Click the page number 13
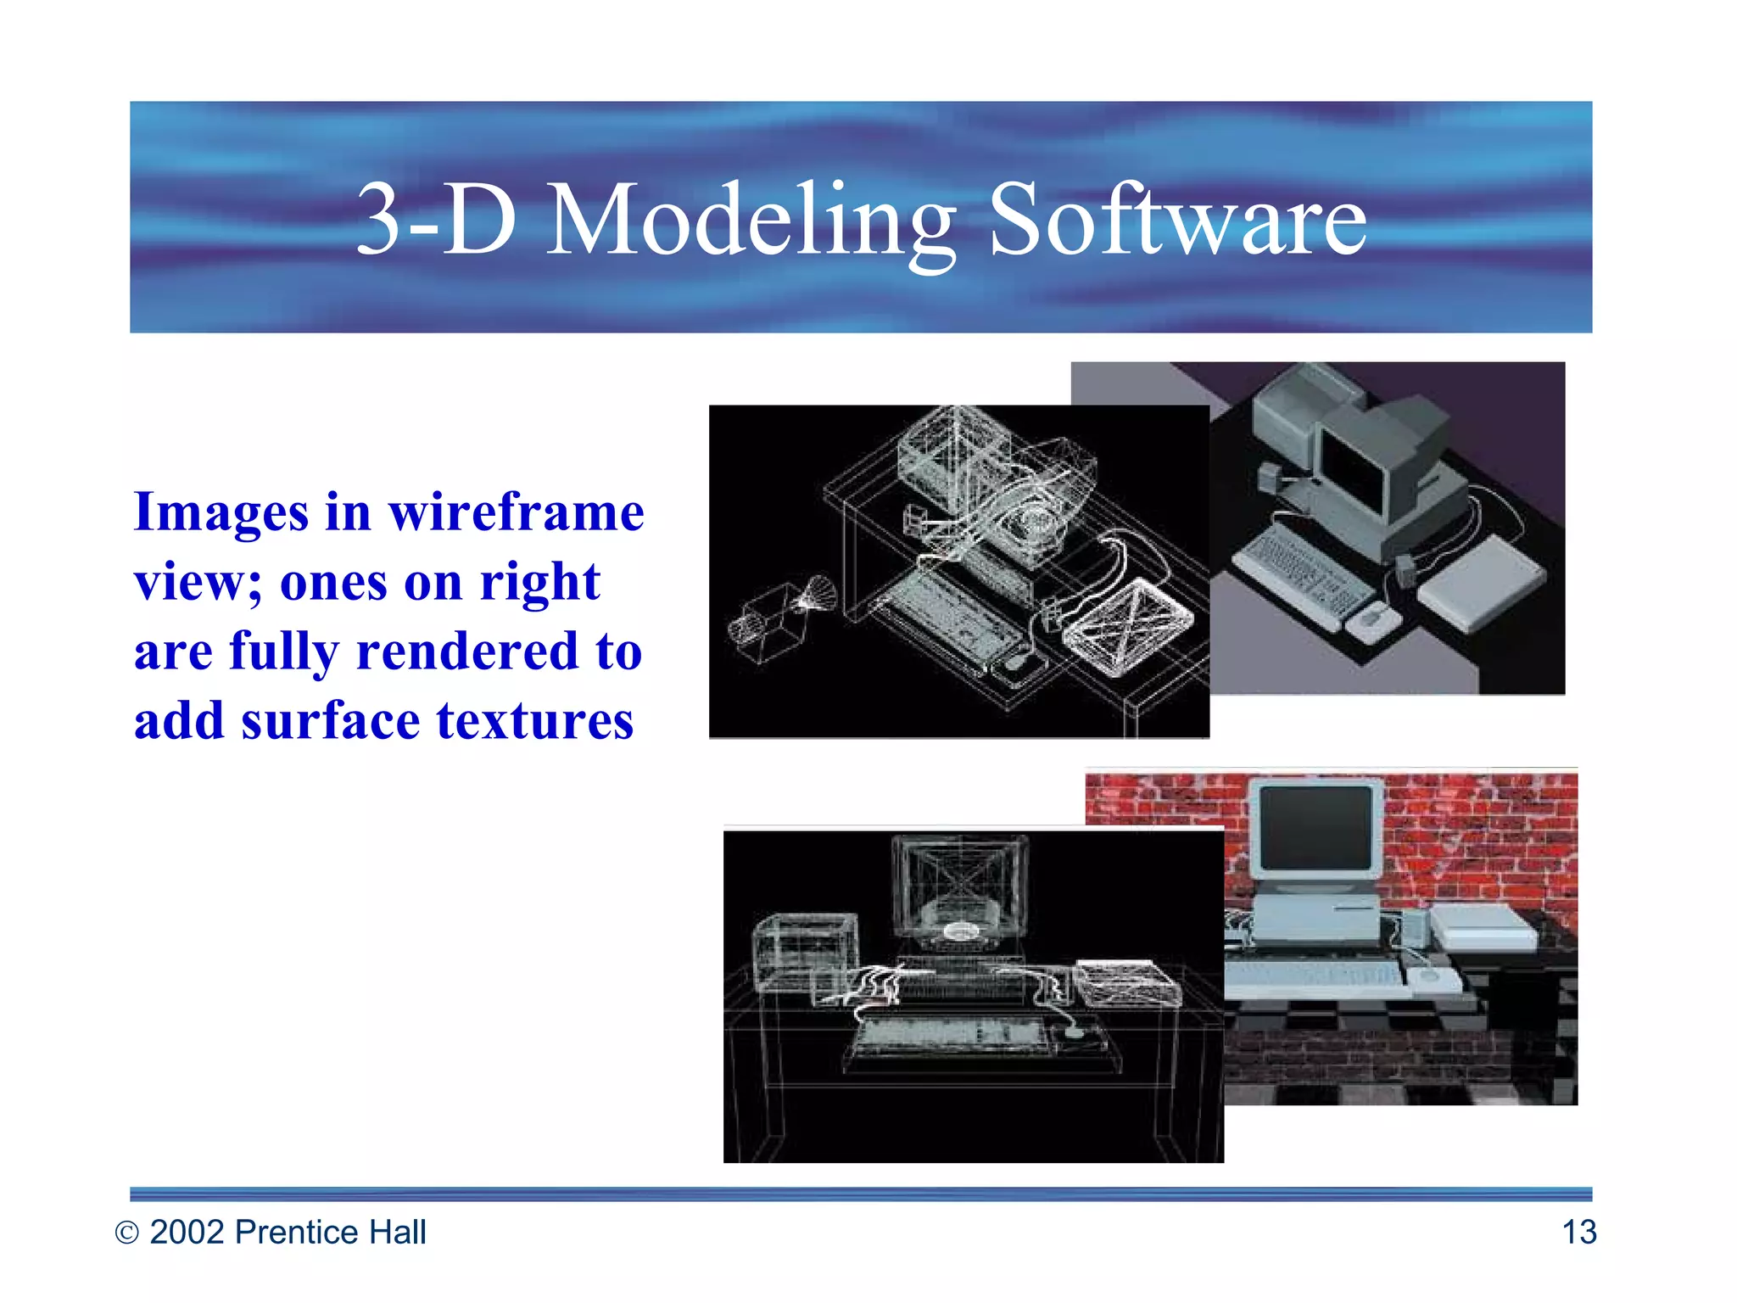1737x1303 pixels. tap(1578, 1233)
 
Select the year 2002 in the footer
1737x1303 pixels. tap(187, 1233)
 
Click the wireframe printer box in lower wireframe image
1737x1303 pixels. tap(804, 951)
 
